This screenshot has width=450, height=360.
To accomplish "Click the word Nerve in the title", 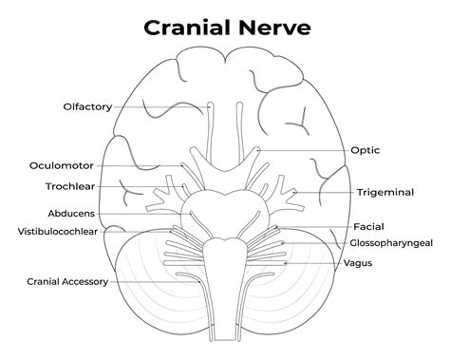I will [x=275, y=27].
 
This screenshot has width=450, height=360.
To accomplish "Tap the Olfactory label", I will [x=88, y=106].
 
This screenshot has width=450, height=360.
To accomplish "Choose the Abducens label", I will [x=72, y=213].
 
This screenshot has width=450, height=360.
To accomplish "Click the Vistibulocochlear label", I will [x=59, y=231].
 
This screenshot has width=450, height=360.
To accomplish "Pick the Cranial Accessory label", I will [x=66, y=281].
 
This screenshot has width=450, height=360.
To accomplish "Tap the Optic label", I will [x=366, y=150].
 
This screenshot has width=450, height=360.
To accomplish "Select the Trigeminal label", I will [x=385, y=192].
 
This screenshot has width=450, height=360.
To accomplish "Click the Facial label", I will [x=368, y=227].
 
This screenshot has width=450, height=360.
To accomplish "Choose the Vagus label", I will [x=358, y=262].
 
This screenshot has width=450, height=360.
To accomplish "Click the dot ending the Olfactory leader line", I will [x=210, y=106].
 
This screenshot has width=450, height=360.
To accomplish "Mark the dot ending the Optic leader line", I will [x=258, y=150].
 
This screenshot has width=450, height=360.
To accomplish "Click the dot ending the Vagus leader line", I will [x=281, y=261].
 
